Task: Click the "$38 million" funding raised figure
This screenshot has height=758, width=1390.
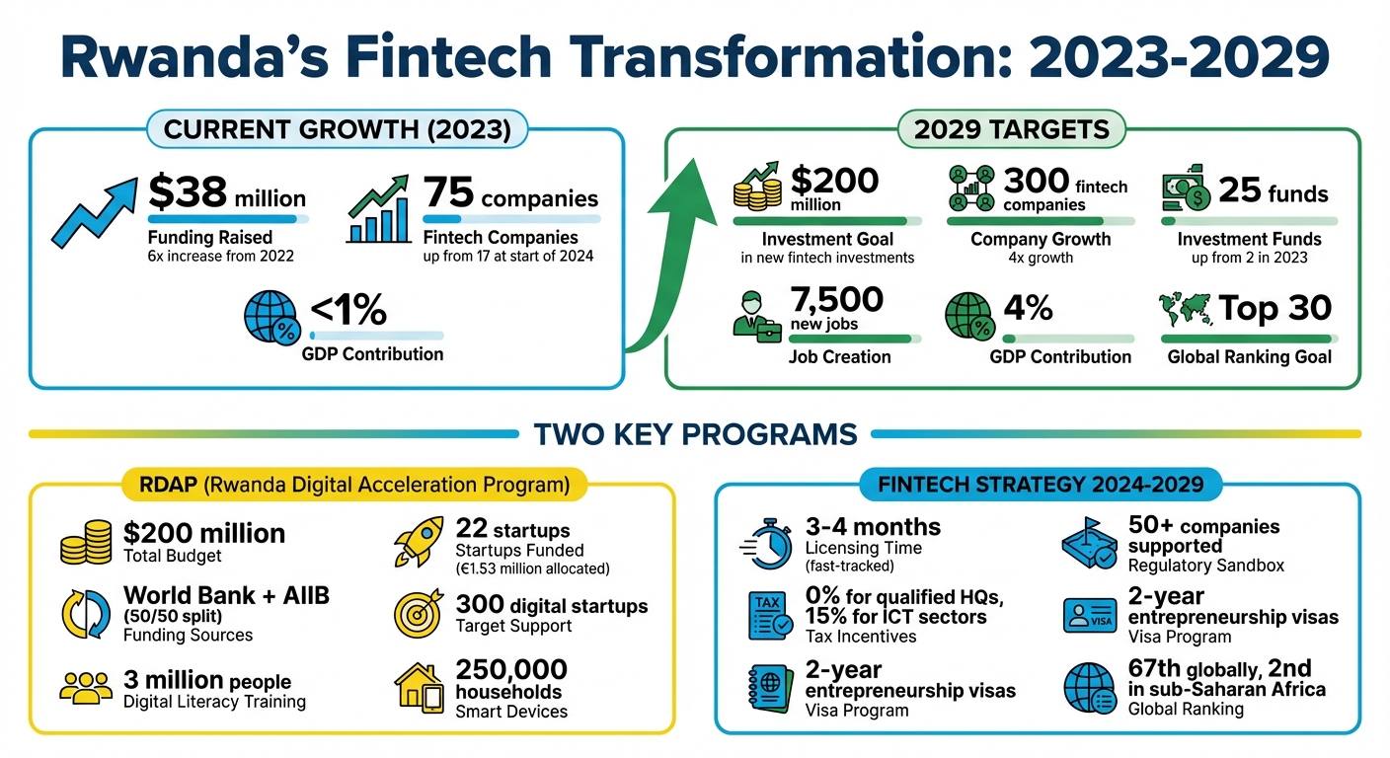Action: click(x=226, y=192)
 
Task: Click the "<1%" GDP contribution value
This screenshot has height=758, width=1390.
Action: click(x=348, y=311)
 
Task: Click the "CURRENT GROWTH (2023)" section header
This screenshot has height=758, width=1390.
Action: click(x=337, y=129)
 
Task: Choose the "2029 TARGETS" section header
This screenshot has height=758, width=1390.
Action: click(x=1012, y=129)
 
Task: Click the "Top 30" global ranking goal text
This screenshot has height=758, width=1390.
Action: click(x=1274, y=308)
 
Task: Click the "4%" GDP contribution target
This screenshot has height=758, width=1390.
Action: click(x=1029, y=308)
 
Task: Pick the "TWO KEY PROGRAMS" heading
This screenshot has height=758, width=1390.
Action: click(x=695, y=433)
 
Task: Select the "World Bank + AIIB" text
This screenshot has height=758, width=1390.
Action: click(x=226, y=595)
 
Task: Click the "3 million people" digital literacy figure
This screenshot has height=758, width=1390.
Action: click(x=206, y=680)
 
